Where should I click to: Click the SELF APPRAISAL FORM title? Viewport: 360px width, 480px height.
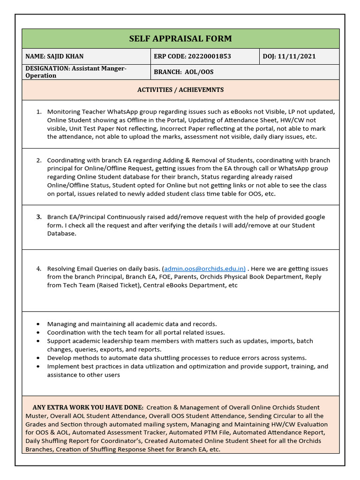click(180, 38)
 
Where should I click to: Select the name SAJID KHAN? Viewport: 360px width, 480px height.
click(65, 57)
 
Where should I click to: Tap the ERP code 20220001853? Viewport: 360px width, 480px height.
click(209, 57)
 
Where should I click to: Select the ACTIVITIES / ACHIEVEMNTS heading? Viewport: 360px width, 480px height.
click(180, 90)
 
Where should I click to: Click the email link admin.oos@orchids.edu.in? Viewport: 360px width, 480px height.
click(204, 269)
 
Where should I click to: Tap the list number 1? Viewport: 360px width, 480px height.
click(39, 112)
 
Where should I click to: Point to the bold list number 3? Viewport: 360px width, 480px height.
click(39, 217)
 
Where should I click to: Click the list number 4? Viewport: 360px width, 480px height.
click(39, 269)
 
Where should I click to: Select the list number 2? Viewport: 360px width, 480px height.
click(39, 160)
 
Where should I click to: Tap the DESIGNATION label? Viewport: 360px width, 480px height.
click(47, 68)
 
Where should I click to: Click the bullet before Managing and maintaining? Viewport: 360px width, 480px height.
click(38, 324)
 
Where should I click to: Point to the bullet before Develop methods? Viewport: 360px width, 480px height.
click(38, 358)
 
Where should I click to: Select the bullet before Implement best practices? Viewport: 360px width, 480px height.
click(38, 366)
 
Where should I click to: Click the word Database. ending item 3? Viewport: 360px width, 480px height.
click(61, 233)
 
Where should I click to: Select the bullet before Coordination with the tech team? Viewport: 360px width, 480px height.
click(38, 332)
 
